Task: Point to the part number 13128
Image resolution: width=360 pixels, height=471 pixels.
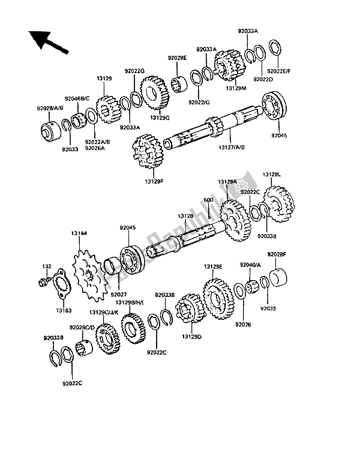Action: (184, 215)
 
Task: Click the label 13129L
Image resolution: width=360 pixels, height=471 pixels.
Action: (270, 175)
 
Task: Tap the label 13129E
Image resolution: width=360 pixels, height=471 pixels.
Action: (212, 266)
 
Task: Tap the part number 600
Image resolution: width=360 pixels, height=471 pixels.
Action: (209, 200)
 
